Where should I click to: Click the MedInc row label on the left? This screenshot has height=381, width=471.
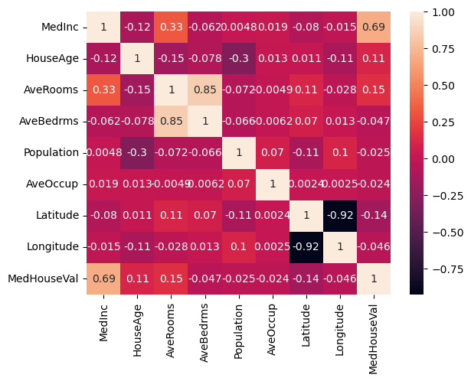(60, 27)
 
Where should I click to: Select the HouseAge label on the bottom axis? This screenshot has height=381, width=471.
(137, 331)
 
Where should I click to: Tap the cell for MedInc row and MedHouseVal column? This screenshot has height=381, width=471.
(374, 27)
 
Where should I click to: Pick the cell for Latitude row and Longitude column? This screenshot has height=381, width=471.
(340, 216)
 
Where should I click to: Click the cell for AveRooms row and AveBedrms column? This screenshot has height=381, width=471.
(205, 90)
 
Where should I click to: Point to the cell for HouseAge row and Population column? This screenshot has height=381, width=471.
(239, 58)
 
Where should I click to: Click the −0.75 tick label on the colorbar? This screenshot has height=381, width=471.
(448, 269)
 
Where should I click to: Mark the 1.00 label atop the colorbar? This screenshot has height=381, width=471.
(443, 12)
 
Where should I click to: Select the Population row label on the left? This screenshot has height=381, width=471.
(51, 153)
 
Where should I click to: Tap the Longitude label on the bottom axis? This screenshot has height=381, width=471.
(339, 330)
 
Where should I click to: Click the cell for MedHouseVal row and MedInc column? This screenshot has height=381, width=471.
(103, 278)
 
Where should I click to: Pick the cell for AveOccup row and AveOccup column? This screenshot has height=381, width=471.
(273, 184)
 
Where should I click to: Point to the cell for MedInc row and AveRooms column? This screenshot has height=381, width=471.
(172, 27)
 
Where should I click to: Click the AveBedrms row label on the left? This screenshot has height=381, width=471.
(49, 121)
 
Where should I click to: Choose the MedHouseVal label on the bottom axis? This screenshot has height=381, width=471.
(373, 339)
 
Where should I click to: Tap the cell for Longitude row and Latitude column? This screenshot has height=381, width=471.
(306, 247)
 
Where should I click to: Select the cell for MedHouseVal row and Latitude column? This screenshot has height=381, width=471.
(306, 278)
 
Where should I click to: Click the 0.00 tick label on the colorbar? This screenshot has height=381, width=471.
(443, 159)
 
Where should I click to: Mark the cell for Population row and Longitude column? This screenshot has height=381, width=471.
(340, 153)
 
